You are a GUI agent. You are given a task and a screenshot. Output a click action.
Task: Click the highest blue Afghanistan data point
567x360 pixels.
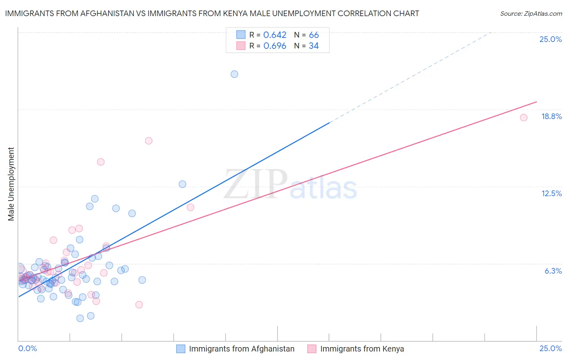(x=234, y=74)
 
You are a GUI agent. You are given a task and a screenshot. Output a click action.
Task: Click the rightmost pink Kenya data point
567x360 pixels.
(x=523, y=117)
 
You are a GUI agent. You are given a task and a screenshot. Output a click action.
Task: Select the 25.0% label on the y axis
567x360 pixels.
(x=550, y=39)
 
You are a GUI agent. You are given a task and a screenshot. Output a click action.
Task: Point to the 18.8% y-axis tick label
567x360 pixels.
(x=551, y=116)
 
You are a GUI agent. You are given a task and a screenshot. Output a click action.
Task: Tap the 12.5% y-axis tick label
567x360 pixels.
(x=551, y=193)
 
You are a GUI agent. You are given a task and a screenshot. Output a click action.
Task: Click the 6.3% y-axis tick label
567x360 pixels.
(x=553, y=271)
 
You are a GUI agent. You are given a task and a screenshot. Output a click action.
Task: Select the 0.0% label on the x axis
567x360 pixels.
(x=27, y=348)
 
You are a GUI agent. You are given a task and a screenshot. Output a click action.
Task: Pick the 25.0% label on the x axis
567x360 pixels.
(x=550, y=348)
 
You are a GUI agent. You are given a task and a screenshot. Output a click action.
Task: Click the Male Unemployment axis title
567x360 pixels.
(x=11, y=184)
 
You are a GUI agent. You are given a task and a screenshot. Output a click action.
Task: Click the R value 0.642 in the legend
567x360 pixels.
(x=275, y=35)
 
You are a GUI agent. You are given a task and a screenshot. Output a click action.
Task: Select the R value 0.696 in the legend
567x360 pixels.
(x=275, y=46)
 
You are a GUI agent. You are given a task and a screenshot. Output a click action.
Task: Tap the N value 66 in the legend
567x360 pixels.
(x=314, y=35)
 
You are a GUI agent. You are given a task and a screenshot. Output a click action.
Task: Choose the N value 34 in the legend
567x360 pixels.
(x=314, y=46)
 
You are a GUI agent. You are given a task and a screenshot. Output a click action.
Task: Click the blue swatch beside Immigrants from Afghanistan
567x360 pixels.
(x=181, y=349)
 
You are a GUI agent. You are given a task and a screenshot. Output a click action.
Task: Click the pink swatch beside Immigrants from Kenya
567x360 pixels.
(x=312, y=349)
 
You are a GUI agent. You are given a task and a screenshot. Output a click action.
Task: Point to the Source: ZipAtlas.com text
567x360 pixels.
(x=531, y=14)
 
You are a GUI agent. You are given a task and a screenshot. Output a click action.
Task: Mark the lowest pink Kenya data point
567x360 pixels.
(x=139, y=305)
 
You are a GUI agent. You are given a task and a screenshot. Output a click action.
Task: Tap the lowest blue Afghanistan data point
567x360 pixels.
(x=80, y=318)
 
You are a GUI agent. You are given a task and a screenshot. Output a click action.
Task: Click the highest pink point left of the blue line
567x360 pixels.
(x=148, y=141)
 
